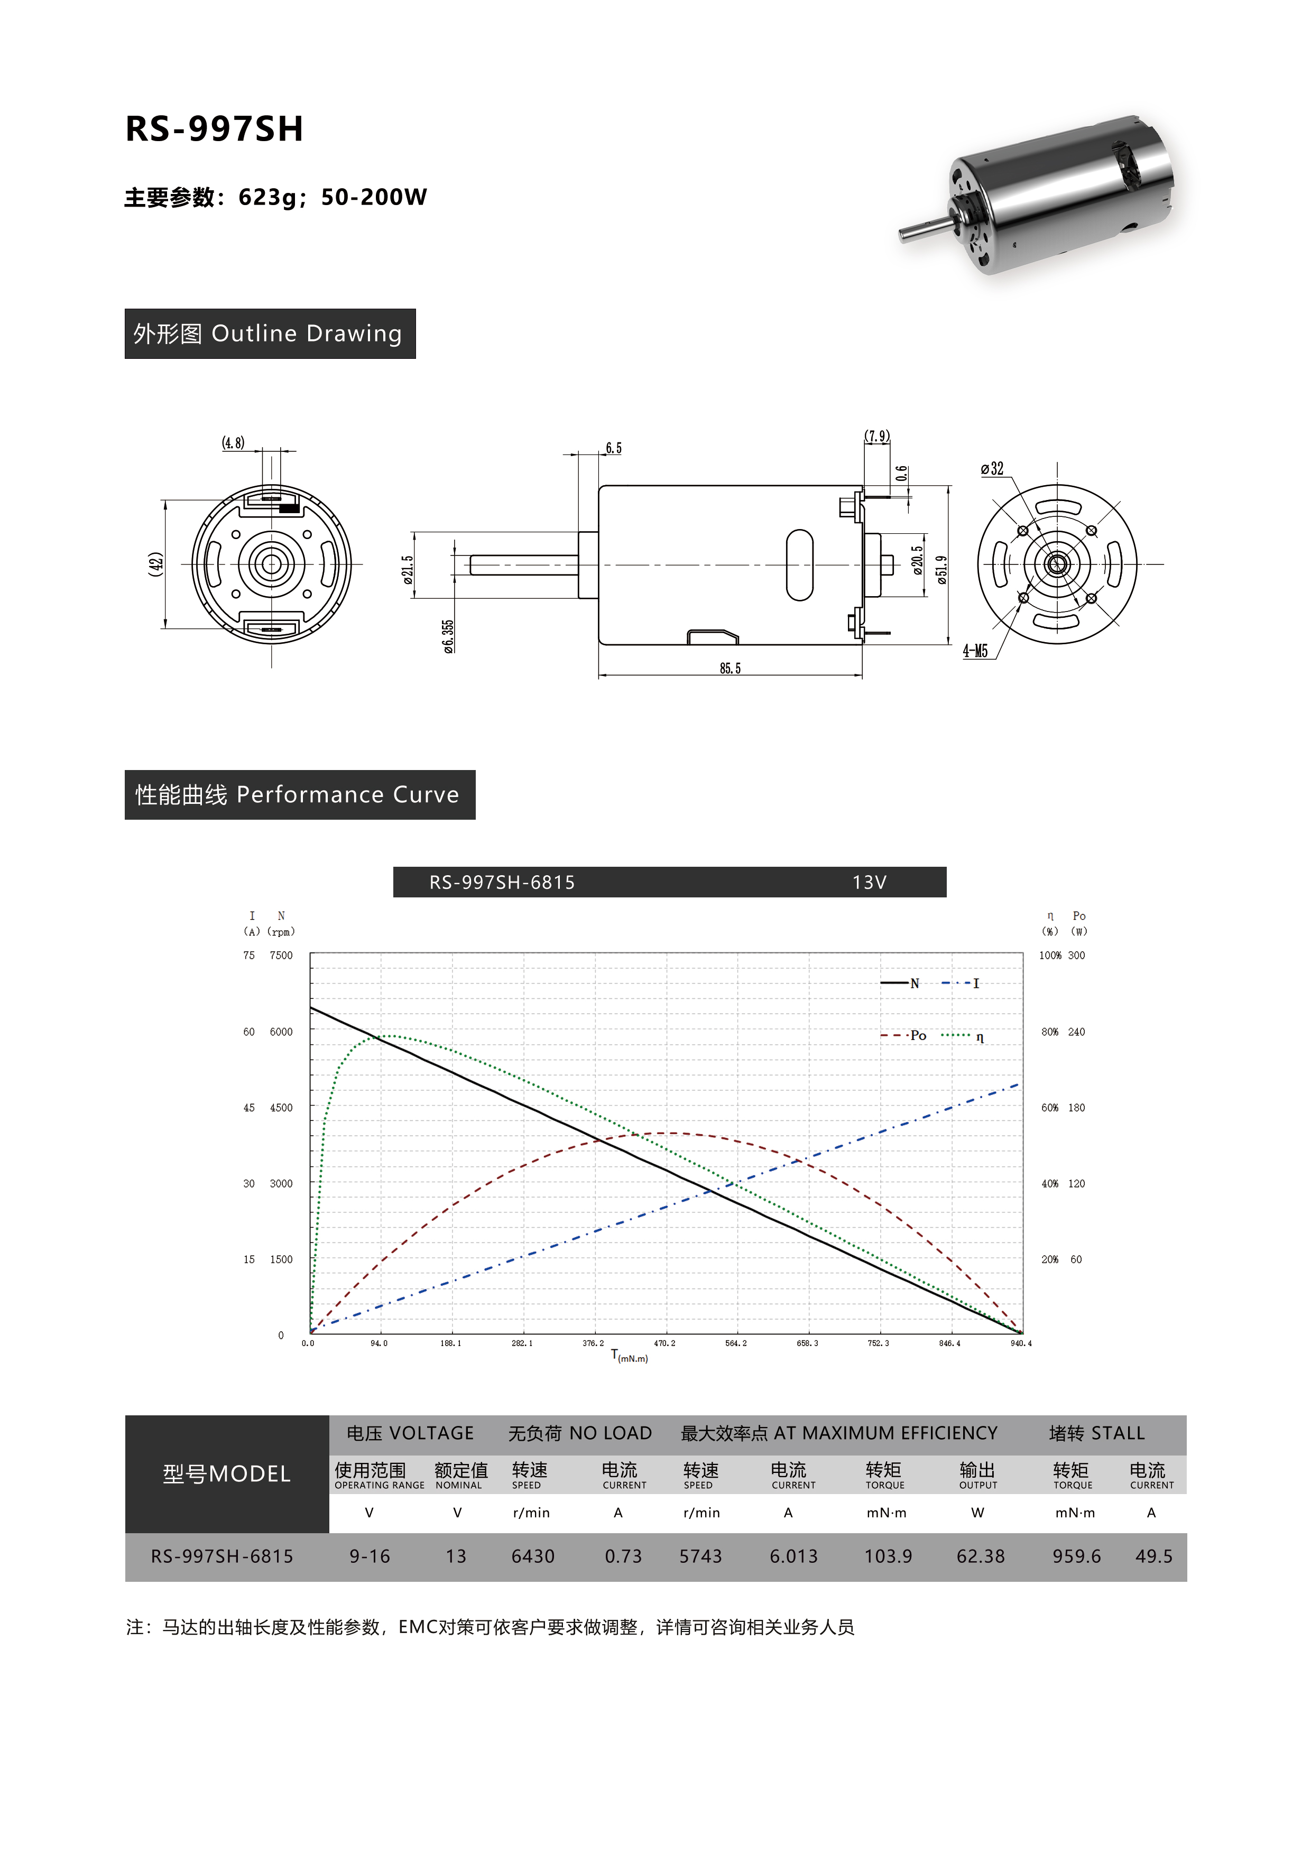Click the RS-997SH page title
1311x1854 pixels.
coord(214,129)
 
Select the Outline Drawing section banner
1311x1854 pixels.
coord(270,333)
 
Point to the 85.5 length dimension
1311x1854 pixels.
coord(730,669)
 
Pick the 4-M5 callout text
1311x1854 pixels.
coord(975,651)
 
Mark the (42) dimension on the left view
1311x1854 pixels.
coord(156,563)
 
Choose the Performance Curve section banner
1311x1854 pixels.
coord(300,794)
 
